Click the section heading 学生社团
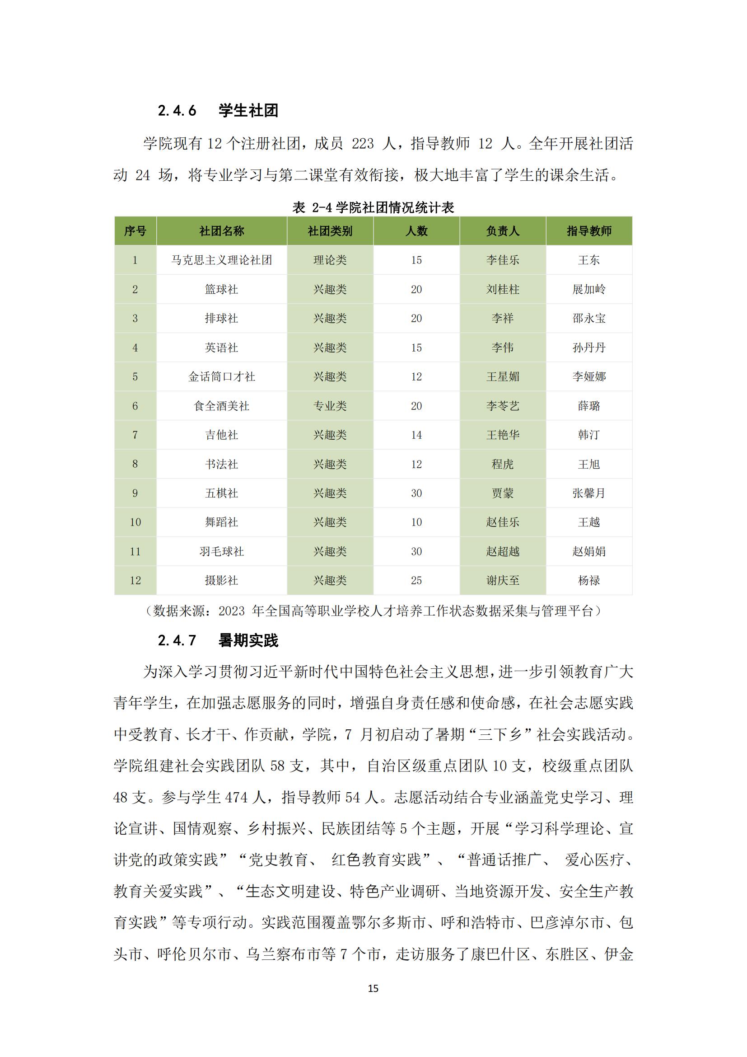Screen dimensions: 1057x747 pos(248,110)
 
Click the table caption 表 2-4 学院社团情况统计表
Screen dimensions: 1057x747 pos(373,207)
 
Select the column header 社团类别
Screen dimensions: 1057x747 pos(330,231)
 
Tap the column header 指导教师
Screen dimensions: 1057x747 pos(589,231)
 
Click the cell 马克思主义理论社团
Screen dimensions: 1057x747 pos(221,260)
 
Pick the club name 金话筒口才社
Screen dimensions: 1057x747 pos(221,376)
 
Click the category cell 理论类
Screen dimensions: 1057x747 pos(330,260)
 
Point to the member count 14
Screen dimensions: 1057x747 pos(416,435)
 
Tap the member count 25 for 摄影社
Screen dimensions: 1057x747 pos(416,581)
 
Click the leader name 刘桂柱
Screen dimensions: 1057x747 pos(502,290)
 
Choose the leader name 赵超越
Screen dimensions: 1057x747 pos(502,551)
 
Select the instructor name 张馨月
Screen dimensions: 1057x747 pos(589,493)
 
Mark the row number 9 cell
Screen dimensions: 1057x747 pos(135,493)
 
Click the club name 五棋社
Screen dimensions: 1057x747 pos(221,493)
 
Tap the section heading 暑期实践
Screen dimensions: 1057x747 pos(248,641)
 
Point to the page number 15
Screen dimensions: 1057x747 pos(373,988)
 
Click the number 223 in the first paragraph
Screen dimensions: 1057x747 pos(363,144)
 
